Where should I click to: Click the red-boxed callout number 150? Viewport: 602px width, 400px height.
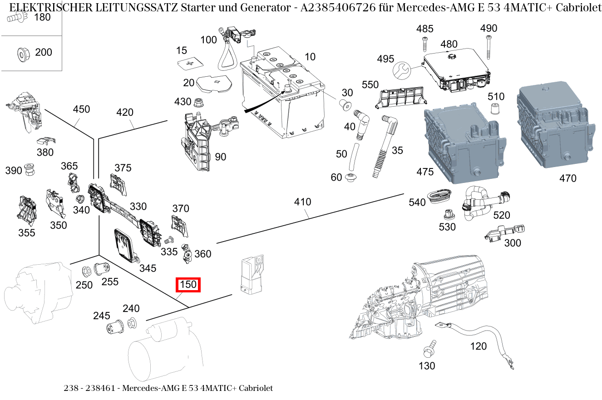point(188,285)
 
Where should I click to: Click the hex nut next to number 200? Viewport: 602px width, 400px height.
point(21,53)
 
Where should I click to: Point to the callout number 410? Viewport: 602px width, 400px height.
point(302,202)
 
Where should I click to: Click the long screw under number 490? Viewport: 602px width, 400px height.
point(489,47)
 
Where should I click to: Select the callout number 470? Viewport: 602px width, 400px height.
point(567,178)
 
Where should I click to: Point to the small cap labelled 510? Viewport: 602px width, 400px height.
point(495,109)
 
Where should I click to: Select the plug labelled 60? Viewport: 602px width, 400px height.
point(350,177)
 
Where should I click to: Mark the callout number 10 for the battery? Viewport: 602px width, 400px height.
point(310,57)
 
